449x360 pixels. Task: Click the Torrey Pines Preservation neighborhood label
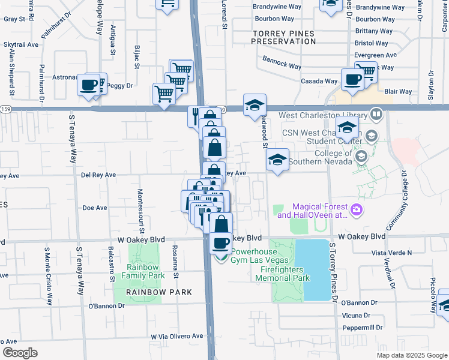click(x=283, y=37)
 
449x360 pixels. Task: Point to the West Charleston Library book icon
click(x=376, y=114)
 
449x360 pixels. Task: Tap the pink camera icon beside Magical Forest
click(x=357, y=209)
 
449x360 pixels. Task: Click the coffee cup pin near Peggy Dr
click(x=89, y=85)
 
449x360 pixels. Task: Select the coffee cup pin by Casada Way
click(x=352, y=79)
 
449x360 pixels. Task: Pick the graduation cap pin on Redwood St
click(x=255, y=105)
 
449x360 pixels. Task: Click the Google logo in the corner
click(x=20, y=353)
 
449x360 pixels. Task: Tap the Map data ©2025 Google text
click(x=411, y=355)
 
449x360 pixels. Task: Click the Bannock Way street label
click(x=282, y=62)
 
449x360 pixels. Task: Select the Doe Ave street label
click(x=94, y=208)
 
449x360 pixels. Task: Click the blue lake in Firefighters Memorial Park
click(x=316, y=269)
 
